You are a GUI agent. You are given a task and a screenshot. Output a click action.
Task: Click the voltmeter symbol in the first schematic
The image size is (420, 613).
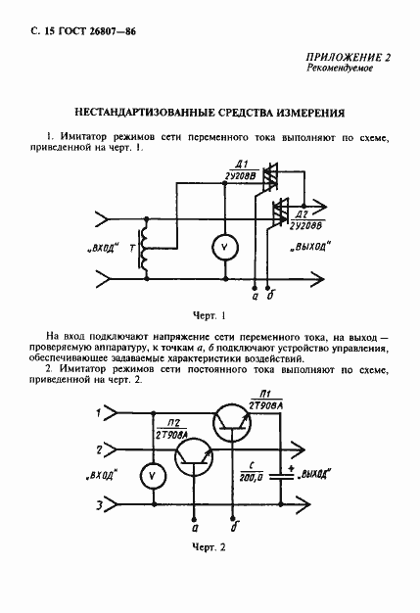(x=223, y=248)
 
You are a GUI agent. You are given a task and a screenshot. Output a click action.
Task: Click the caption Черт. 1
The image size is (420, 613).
(x=209, y=315)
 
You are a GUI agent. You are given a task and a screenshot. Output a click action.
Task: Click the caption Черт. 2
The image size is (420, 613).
(x=209, y=546)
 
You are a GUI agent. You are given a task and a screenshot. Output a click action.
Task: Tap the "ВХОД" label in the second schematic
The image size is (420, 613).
(x=100, y=476)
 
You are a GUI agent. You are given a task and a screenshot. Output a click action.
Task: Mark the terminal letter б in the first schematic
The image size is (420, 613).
(x=269, y=293)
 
